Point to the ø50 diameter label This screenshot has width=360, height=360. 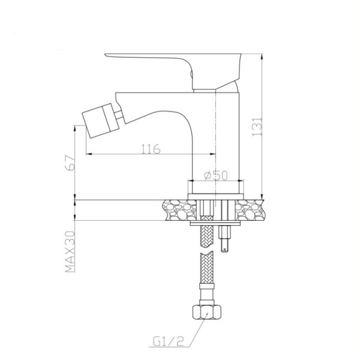[215, 175]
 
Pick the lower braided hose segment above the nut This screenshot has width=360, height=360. [205, 273]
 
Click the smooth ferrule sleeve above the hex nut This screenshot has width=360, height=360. [205, 297]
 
